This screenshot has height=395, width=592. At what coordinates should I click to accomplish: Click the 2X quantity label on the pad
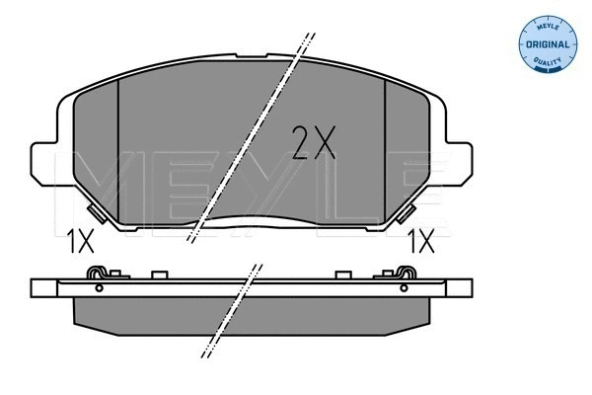click(x=314, y=143)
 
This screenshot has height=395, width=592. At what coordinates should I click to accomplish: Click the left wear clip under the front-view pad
click(x=96, y=212)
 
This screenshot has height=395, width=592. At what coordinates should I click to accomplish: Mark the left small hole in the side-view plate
click(x=99, y=287)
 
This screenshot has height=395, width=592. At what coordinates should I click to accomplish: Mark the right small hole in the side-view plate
click(x=402, y=287)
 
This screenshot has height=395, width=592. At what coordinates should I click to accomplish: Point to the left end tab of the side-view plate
click(x=44, y=287)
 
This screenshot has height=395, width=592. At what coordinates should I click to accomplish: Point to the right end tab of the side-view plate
click(x=458, y=287)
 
